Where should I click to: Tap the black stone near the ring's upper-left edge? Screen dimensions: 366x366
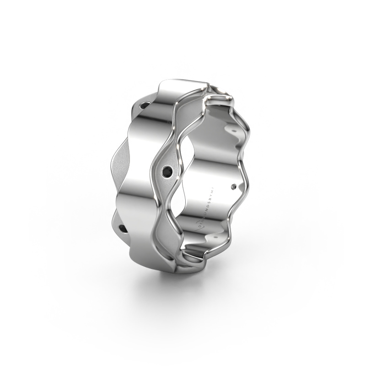pyautogui.click(x=144, y=106)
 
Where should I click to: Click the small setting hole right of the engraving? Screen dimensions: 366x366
pyautogui.click(x=235, y=186)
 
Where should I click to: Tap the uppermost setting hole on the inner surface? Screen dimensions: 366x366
pyautogui.click(x=234, y=129)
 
